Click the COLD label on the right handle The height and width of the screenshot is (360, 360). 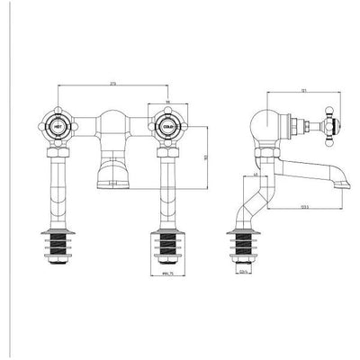[167, 126]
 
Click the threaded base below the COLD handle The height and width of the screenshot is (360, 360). [167, 247]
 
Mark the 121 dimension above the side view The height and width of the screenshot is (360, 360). [281, 89]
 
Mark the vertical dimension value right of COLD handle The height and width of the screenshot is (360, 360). [208, 158]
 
